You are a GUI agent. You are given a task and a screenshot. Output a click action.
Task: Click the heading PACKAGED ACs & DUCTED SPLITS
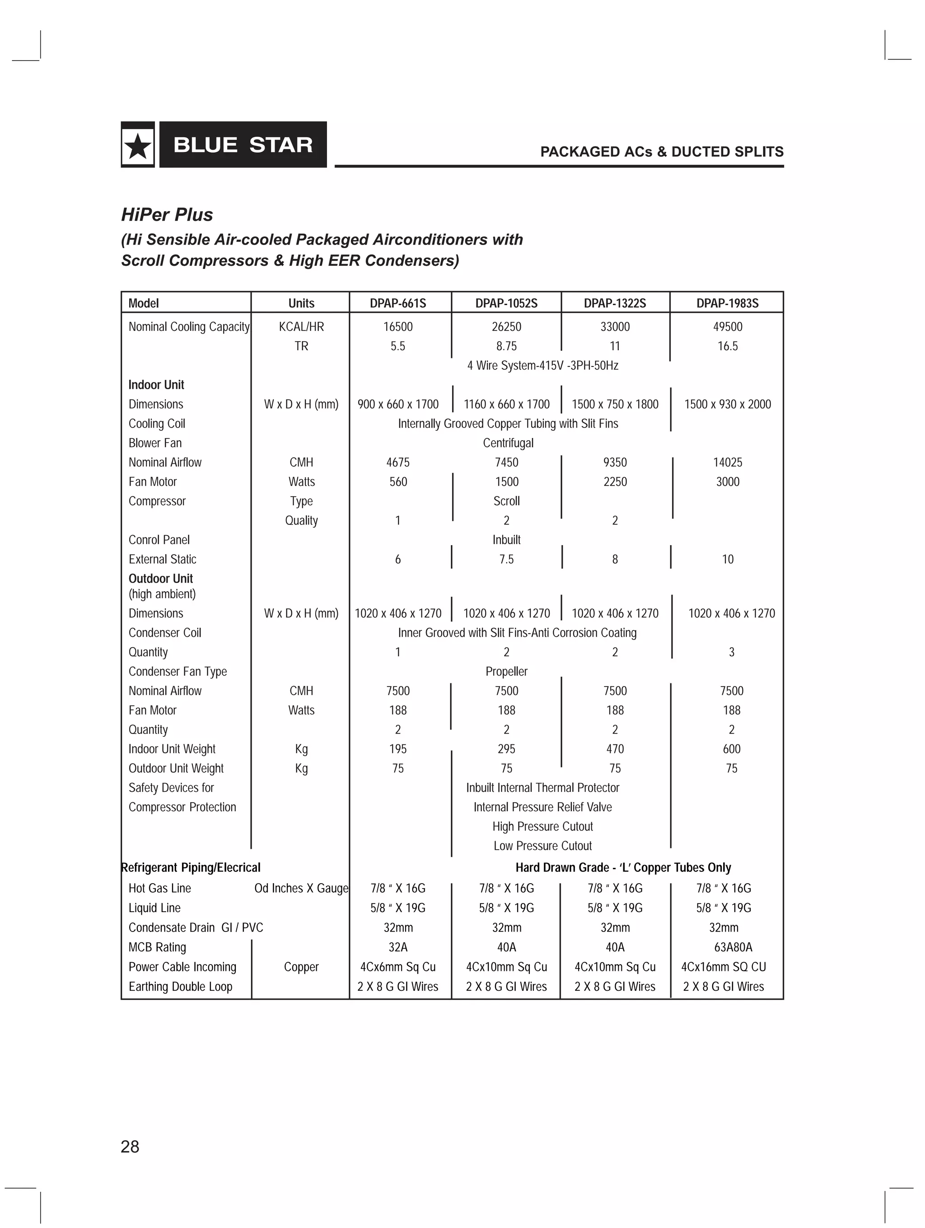(x=661, y=151)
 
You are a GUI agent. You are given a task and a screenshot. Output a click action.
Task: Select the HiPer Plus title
(x=167, y=215)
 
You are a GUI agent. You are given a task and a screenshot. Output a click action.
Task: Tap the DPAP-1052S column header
(x=506, y=303)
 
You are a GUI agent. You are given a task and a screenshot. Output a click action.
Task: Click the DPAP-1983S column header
(x=727, y=303)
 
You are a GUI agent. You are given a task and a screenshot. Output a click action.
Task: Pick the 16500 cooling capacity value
(x=398, y=327)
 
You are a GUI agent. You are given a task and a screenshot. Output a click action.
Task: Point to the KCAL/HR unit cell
(x=301, y=327)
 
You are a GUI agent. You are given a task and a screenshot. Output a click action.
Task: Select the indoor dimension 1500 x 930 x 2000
(x=727, y=404)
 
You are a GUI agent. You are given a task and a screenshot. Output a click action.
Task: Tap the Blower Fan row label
(x=155, y=443)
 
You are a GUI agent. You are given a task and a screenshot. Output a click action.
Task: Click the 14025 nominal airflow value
(x=727, y=462)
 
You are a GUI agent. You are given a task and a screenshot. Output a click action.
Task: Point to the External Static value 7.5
(x=506, y=559)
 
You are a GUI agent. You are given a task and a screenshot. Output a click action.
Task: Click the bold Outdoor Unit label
(x=160, y=579)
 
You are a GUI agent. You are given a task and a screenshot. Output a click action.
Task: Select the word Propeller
(x=506, y=671)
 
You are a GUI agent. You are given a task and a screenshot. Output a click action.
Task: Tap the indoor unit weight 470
(x=615, y=749)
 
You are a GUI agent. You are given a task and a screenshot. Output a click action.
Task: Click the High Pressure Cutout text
(x=542, y=826)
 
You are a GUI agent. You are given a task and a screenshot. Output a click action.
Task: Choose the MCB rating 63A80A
(x=733, y=947)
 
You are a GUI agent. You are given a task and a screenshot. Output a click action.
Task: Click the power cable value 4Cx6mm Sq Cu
(x=398, y=966)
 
